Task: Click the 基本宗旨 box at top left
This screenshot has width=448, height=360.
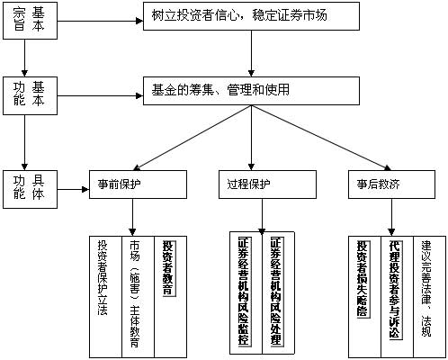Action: pos(30,21)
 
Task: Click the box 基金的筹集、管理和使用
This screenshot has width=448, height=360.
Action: pos(251,91)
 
